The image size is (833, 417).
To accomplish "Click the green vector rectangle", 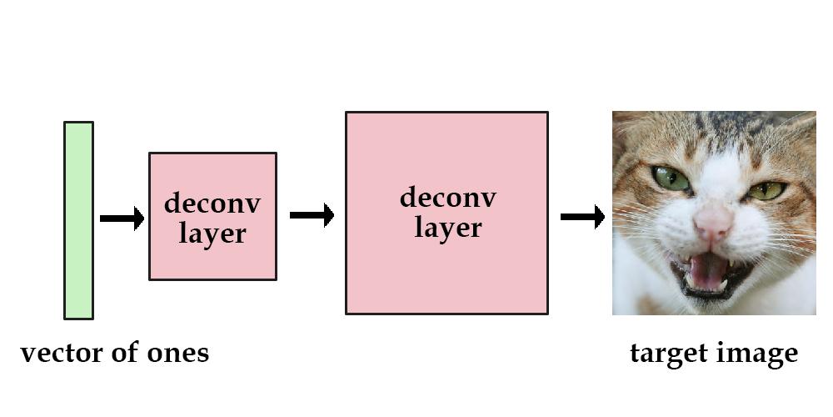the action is pyautogui.click(x=78, y=220).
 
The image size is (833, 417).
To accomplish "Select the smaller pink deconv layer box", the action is pyautogui.click(x=212, y=216).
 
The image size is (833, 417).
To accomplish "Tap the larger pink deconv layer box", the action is pyautogui.click(x=446, y=213).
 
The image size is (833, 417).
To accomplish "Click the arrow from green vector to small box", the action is pyautogui.click(x=122, y=218).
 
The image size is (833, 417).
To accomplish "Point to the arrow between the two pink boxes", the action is pyautogui.click(x=312, y=215).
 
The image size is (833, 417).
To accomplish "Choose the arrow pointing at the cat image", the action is pyautogui.click(x=583, y=217).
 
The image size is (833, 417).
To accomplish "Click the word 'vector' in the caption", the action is pyautogui.click(x=60, y=353).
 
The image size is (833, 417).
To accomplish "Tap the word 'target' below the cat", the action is pyautogui.click(x=666, y=354).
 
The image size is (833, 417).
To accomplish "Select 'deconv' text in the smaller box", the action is pyautogui.click(x=212, y=203).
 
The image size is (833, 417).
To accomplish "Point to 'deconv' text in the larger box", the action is pyautogui.click(x=448, y=197).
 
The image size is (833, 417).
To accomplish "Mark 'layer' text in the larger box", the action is pyautogui.click(x=448, y=228).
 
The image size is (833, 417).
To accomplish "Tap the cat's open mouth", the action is pyautogui.click(x=709, y=274).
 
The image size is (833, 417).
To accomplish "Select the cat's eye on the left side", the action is pyautogui.click(x=671, y=178).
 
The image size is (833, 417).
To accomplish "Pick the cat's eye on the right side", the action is pyautogui.click(x=766, y=190).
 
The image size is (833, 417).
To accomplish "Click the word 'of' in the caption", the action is pyautogui.click(x=123, y=353).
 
